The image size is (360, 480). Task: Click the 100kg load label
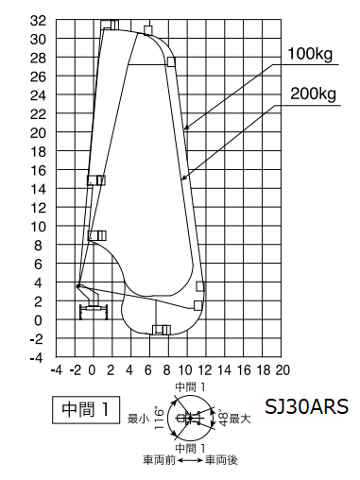tap(310, 54)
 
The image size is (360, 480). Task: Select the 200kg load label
tap(313, 94)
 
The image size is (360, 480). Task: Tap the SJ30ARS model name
tap(306, 406)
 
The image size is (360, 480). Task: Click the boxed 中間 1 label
tap(86, 409)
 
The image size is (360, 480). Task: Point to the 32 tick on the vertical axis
tap(38, 21)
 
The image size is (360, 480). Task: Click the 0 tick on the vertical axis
tap(38, 320)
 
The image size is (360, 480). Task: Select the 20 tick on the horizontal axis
tap(283, 370)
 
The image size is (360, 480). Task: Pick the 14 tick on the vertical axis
tap(38, 189)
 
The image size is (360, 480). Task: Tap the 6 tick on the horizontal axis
tap(148, 370)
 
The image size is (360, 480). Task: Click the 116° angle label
tap(160, 419)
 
